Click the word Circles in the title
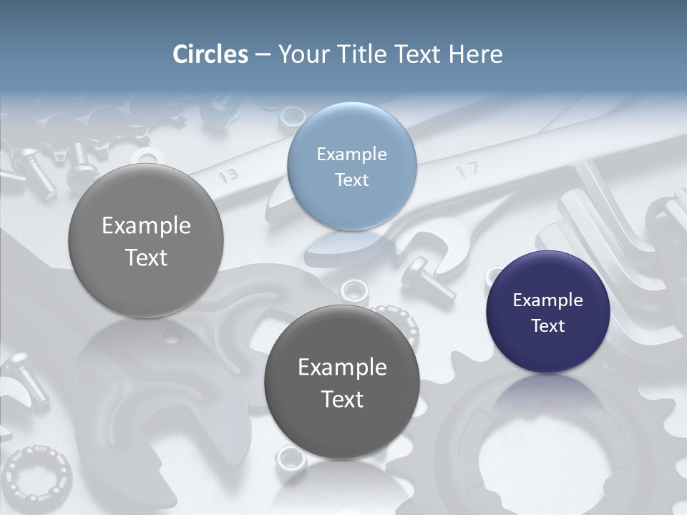click(210, 54)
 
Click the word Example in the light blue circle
click(351, 154)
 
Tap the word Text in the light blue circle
click(351, 180)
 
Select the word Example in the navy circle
click(547, 300)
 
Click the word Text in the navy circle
click(547, 326)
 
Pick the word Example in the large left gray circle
click(146, 226)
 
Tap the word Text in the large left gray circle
click(146, 257)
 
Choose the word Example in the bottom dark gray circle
click(342, 368)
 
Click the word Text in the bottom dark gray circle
click(342, 399)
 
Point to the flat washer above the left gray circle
click(147, 157)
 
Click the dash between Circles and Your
click(263, 55)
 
